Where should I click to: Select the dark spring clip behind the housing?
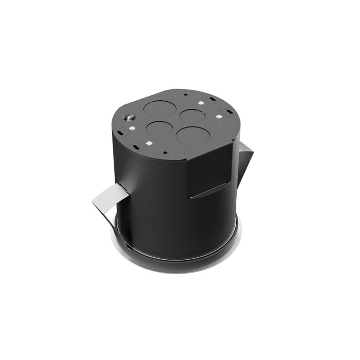245,159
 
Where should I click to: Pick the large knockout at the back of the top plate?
159,109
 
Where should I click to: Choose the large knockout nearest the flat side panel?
193,135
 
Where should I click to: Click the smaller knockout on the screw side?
158,128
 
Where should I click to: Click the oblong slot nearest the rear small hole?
213,99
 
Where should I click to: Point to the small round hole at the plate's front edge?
165,152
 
